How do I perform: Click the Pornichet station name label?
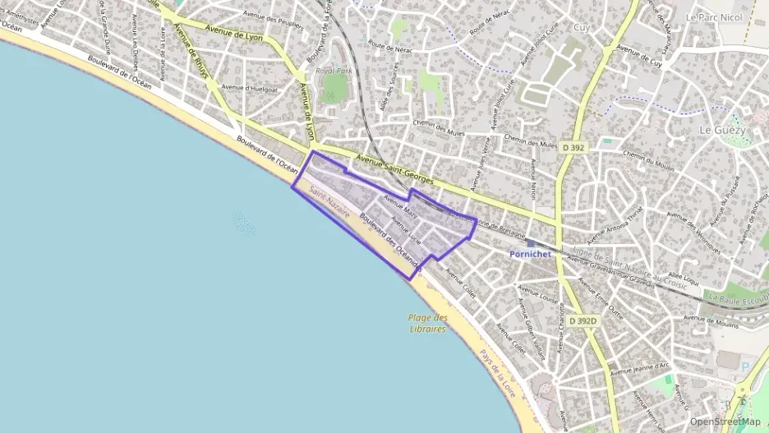[x=529, y=255]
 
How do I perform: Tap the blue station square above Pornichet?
[x=531, y=243]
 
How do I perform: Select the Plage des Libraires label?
[x=427, y=323]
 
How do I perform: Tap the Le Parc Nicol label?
[x=713, y=16]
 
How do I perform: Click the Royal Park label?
[x=334, y=71]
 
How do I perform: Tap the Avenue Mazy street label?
[x=400, y=205]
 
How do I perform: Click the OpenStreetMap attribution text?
[x=725, y=422]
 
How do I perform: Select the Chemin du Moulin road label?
[x=648, y=161]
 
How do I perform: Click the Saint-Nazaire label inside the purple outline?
[x=329, y=202]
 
